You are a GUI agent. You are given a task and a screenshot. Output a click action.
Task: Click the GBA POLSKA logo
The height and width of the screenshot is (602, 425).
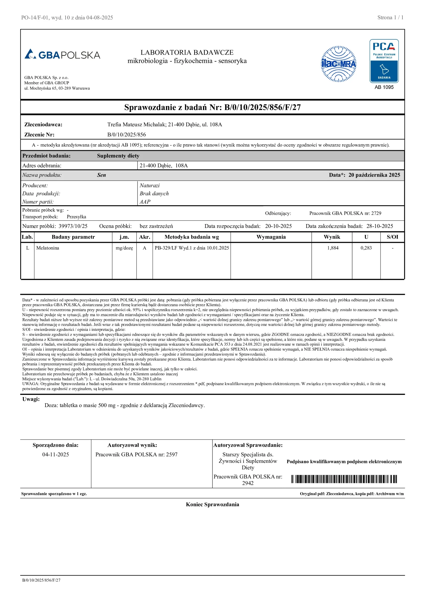(62, 54)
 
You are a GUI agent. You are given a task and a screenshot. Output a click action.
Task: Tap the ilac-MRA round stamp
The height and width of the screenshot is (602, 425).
(339, 64)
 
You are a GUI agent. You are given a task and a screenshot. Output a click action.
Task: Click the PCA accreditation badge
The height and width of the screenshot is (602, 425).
(384, 61)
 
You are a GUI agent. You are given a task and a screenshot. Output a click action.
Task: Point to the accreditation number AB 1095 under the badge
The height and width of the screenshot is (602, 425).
(384, 87)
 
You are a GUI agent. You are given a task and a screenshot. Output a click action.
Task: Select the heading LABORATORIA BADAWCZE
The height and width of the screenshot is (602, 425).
(187, 52)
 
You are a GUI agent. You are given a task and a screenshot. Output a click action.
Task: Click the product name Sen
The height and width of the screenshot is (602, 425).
(101, 175)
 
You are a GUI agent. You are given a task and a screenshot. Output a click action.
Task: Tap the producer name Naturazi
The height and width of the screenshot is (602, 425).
(149, 186)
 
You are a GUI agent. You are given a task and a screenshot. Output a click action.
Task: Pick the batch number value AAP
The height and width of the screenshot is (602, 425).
(145, 202)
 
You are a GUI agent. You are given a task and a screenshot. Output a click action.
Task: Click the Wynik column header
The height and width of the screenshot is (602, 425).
(332, 237)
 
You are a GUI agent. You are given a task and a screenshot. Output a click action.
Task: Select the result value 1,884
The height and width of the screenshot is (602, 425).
(333, 248)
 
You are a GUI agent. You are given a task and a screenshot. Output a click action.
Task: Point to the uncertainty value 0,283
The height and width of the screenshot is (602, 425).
(366, 248)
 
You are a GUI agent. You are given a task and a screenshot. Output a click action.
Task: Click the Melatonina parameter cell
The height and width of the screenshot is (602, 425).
(48, 248)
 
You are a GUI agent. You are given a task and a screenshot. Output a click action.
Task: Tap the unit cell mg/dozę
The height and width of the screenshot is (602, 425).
(124, 248)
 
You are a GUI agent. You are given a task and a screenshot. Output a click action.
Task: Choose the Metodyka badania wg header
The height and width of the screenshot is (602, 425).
(191, 237)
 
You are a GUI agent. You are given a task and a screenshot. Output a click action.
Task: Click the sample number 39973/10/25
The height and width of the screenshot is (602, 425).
(73, 226)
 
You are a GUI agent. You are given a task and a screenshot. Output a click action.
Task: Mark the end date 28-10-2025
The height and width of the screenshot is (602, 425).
(379, 226)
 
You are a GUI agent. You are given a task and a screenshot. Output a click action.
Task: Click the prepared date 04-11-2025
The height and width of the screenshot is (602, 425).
(55, 455)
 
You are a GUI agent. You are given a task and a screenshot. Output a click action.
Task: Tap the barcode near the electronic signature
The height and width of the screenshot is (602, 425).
(344, 479)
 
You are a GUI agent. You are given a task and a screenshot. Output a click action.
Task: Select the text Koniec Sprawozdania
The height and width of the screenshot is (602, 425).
(212, 504)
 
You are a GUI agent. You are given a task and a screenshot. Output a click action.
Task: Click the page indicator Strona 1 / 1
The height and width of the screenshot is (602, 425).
(390, 18)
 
